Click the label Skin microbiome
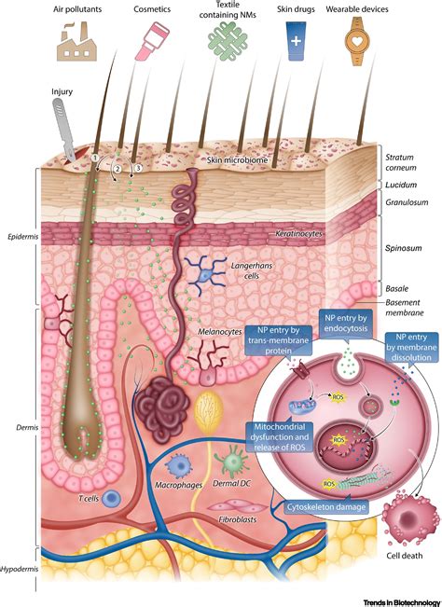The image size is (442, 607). tap(232, 161)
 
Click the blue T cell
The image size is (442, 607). tap(112, 499)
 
